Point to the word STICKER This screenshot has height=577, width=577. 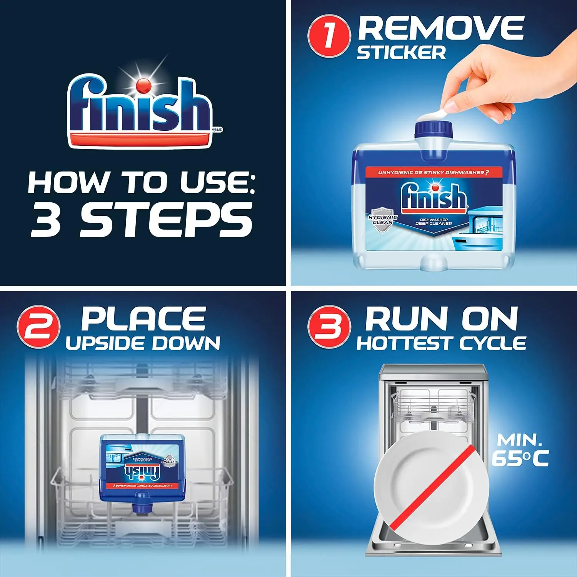point(401,53)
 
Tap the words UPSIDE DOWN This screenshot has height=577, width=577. point(143,343)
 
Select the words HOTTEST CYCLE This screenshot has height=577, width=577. point(441,343)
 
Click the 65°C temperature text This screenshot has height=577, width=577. point(520,458)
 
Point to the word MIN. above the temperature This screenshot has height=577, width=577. point(519,439)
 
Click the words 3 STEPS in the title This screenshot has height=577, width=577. point(142,220)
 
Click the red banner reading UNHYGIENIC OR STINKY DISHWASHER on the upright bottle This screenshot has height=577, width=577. point(433,172)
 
